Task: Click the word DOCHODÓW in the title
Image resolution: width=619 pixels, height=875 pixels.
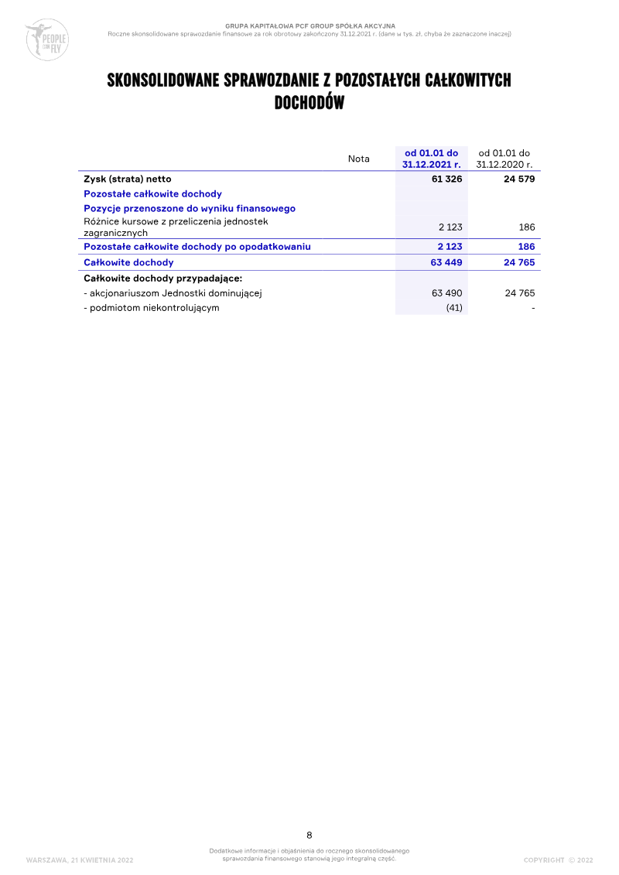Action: [309, 103]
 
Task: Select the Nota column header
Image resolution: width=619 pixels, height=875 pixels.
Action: [359, 159]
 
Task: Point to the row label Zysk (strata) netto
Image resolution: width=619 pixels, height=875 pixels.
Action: [128, 179]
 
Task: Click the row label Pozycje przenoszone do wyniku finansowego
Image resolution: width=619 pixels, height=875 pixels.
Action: [190, 208]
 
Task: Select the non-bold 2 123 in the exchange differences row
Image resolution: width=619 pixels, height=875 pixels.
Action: [450, 227]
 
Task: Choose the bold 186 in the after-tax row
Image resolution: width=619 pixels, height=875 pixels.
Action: [526, 247]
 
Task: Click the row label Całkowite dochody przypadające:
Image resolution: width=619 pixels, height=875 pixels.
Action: [163, 278]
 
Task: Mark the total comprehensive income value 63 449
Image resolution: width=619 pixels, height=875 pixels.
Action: [446, 262]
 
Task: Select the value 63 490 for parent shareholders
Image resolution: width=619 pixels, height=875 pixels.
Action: [446, 293]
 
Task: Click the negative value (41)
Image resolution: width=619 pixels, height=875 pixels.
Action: [454, 308]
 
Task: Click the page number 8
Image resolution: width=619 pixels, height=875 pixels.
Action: [309, 835]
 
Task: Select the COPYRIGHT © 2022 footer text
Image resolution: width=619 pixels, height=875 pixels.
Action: [558, 860]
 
